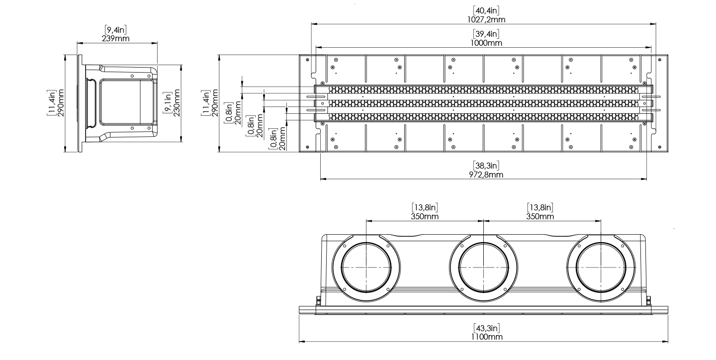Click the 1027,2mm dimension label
(486, 19)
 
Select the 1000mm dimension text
(486, 43)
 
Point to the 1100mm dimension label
(486, 337)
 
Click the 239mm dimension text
(115, 38)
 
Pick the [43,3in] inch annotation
(486, 328)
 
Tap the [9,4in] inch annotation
(115, 30)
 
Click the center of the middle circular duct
(484, 268)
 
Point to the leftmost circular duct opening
(366, 268)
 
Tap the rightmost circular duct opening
(601, 268)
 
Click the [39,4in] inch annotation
(486, 34)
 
